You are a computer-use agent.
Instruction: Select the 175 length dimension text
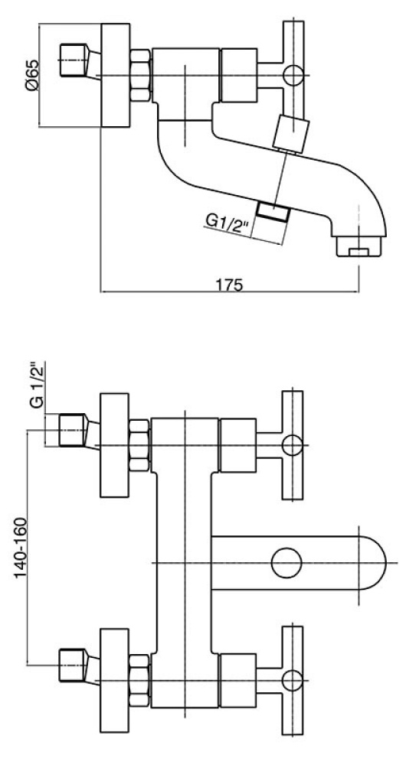coord(230,285)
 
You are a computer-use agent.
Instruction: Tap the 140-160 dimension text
coord(21,548)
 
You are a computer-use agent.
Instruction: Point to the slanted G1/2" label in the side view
coord(228,223)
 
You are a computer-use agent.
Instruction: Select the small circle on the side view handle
coord(293,76)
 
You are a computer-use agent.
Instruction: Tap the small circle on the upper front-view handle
coord(292,445)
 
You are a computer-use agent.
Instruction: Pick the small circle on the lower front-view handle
coord(292,680)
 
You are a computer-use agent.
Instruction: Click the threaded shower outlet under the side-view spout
coord(273,212)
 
